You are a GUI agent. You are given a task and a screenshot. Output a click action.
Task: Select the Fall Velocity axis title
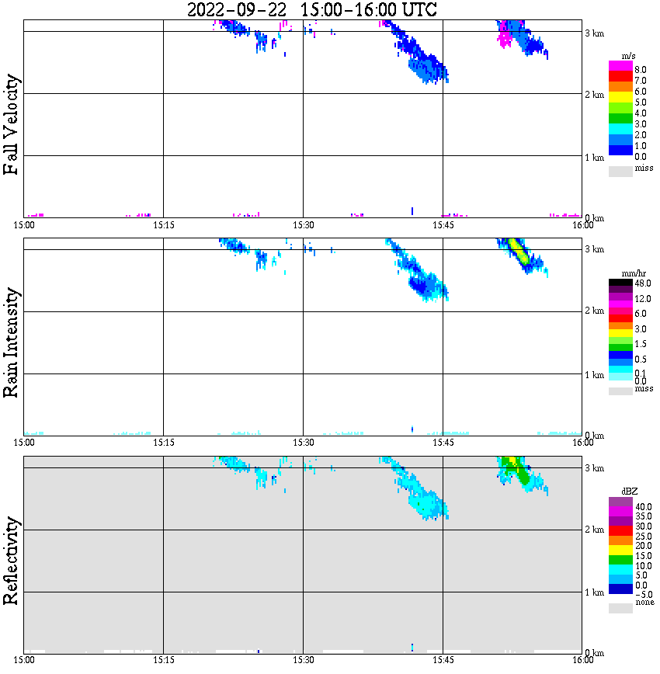point(11,124)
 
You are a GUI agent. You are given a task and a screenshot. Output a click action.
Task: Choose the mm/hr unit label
point(622,274)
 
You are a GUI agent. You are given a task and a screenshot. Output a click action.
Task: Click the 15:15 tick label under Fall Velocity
point(163,225)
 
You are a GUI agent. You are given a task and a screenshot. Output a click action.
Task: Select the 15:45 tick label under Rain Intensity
point(443,443)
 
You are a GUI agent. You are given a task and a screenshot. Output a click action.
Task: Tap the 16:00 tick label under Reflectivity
point(583,660)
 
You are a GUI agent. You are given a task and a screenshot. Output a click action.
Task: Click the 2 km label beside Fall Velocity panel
point(594,95)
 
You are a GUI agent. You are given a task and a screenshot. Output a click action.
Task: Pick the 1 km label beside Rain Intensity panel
point(594,375)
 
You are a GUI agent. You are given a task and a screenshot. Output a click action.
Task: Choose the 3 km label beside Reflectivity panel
point(594,468)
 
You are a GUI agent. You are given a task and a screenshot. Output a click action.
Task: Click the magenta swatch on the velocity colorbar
point(620,65)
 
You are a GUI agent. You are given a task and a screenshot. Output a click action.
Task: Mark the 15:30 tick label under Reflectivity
point(303,660)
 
